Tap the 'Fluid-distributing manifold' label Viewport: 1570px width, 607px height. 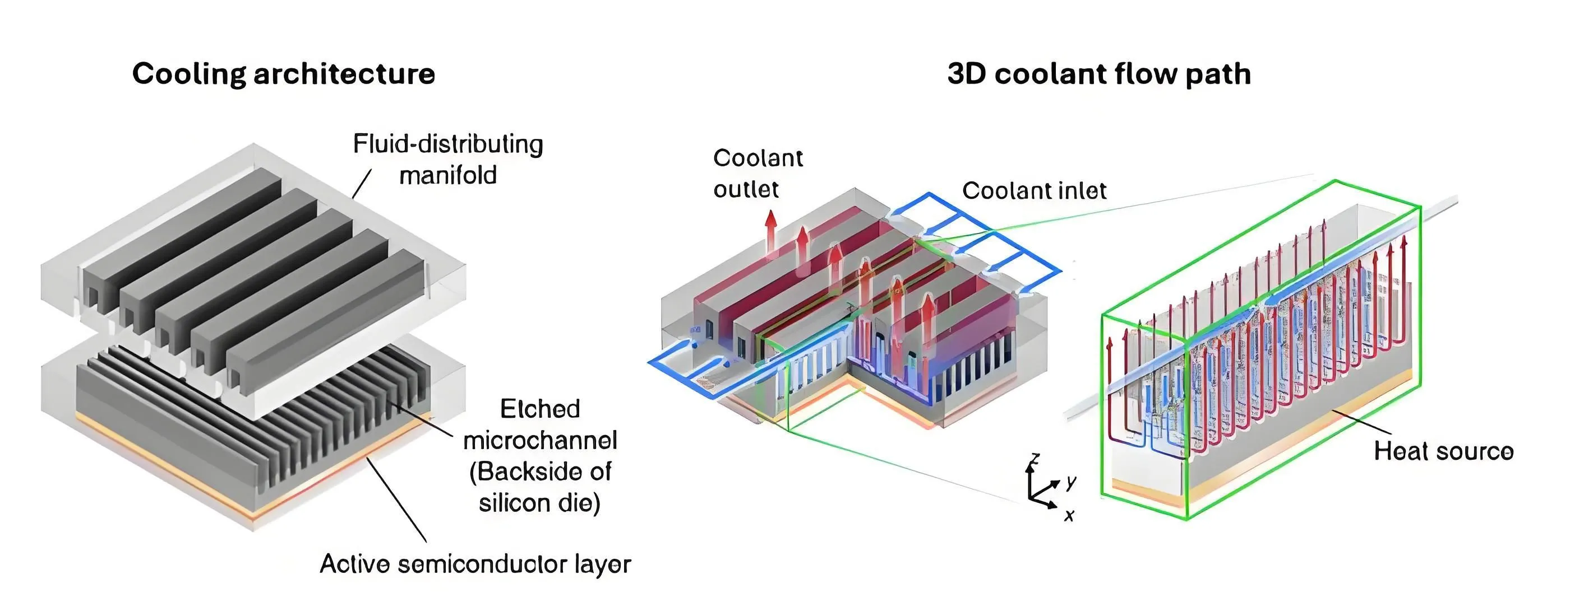pos(448,160)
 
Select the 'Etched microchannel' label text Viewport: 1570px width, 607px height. pos(540,424)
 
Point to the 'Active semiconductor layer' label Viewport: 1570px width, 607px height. pos(475,564)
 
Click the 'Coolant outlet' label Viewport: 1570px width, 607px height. pos(758,174)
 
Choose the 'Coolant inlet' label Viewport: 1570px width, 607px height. pos(1035,190)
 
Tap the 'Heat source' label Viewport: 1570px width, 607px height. pos(1443,451)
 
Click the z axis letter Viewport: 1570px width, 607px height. pos(1035,460)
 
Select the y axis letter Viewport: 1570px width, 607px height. pos(1071,482)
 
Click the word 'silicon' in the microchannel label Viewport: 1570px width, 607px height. pos(513,503)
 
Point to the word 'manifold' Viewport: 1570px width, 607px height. pos(448,175)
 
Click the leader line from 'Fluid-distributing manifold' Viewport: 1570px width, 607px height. pos(362,184)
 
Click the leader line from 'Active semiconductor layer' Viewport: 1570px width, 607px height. pos(396,500)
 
